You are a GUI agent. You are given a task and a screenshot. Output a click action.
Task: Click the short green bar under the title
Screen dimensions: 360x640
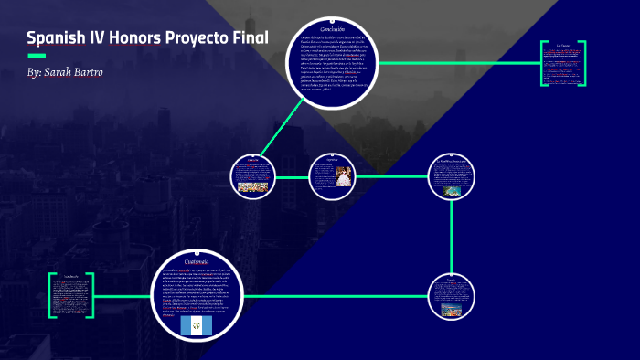click(x=37, y=56)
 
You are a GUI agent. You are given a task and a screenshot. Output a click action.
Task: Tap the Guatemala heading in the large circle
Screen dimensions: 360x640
click(x=197, y=260)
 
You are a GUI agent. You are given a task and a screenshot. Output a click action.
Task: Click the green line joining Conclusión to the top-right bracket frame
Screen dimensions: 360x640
click(x=457, y=64)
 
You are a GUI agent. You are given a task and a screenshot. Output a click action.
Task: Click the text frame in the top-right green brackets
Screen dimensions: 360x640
click(x=564, y=63)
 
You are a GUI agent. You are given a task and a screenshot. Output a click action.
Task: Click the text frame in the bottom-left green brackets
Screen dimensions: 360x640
click(x=72, y=295)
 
